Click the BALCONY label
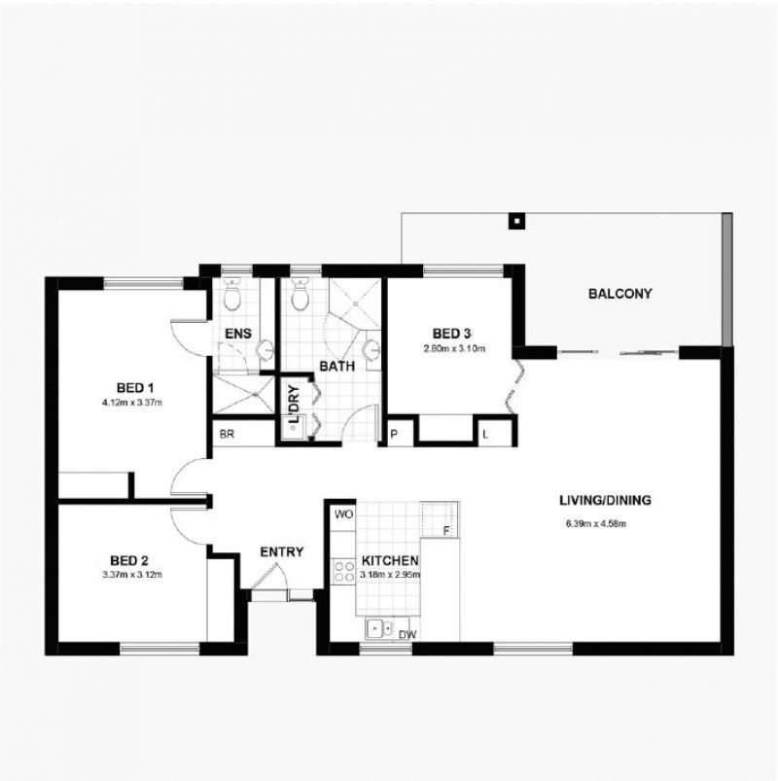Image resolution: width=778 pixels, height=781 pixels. click(619, 294)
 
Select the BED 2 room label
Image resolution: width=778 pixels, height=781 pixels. click(128, 560)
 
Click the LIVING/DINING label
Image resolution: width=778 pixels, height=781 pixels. click(604, 502)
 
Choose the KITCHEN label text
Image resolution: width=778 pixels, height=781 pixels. click(389, 561)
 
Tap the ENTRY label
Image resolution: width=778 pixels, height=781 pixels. click(282, 552)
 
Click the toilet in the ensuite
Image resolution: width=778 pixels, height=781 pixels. click(232, 293)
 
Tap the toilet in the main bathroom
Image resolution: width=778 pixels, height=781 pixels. click(300, 293)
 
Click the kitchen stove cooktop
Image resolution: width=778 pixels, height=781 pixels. click(343, 571)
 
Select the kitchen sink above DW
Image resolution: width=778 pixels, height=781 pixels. click(379, 628)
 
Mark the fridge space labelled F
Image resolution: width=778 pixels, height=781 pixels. click(445, 531)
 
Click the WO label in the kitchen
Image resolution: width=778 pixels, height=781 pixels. click(343, 514)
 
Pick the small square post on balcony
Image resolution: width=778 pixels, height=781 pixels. click(515, 220)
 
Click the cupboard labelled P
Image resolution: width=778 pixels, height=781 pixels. click(395, 435)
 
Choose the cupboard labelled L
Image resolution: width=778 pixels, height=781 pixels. click(485, 435)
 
